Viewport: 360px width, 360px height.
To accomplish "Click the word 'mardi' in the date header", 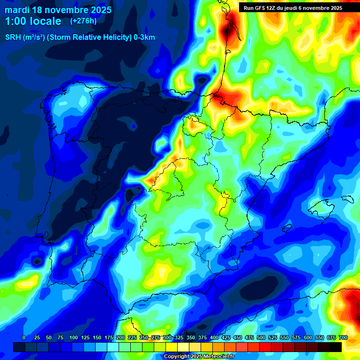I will coord(17,10).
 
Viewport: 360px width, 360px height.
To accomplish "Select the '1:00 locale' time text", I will coord(33,21).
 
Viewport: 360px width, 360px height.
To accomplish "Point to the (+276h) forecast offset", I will coord(83,21).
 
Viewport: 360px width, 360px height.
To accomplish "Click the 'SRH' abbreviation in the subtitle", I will coord(13,37).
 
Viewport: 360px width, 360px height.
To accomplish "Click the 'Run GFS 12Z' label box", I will coord(262,8).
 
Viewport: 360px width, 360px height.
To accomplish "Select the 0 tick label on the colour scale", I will coord(24,337).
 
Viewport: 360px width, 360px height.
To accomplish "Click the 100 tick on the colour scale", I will coord(74,337).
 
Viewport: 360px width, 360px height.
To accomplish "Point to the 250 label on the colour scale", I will coord(144,337).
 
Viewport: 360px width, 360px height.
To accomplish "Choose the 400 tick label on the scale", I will coord(214,337).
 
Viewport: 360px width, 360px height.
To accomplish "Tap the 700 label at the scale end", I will coord(343,337).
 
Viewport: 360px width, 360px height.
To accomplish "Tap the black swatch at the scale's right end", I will coord(335,347).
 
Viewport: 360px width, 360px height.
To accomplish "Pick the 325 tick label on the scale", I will coord(179,337).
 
